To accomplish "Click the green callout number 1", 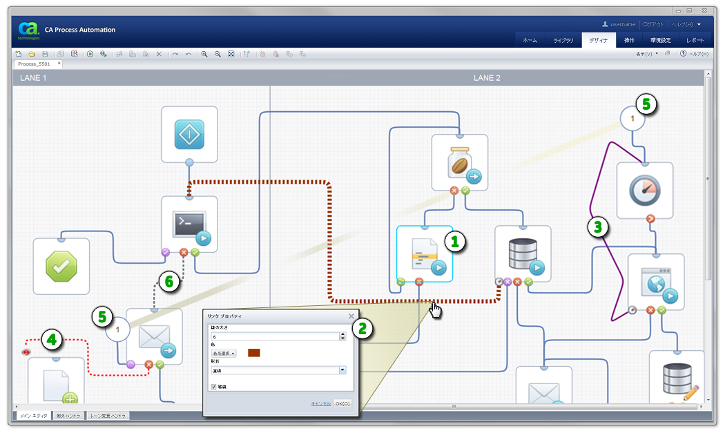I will coord(455,240).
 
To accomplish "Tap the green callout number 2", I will coord(363,328).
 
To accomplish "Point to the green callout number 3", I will coord(599,227).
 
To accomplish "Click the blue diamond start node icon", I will coord(189,134).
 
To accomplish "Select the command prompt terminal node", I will coord(189,222).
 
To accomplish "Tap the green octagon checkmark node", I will coord(61,265).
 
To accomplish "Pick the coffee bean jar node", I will coord(459,162).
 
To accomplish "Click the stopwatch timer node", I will coord(644,190).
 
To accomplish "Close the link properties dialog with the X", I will coord(351,316).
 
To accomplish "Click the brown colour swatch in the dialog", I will coord(253,353).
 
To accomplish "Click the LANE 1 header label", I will coord(33,78).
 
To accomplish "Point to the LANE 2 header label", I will coord(487,78).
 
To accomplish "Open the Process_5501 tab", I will coord(35,64).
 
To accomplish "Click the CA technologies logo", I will coord(28,30).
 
